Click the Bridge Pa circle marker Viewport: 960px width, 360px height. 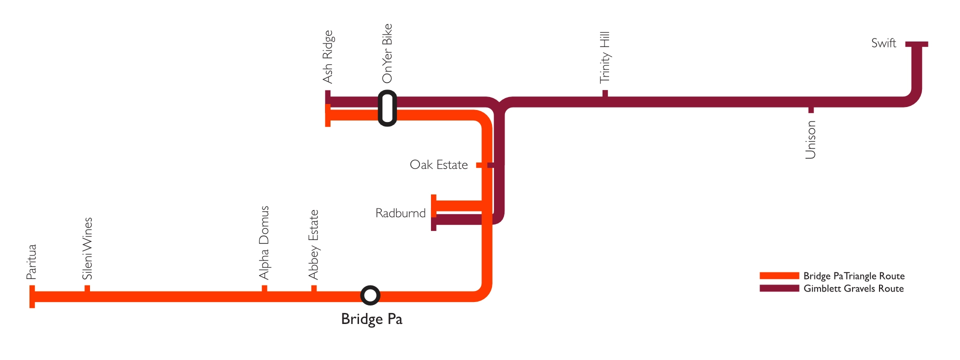click(x=370, y=295)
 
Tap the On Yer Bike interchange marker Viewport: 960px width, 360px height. click(x=387, y=108)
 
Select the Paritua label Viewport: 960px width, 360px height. click(x=31, y=261)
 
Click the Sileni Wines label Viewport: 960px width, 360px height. click(x=87, y=248)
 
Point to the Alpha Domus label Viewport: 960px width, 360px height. click(x=264, y=242)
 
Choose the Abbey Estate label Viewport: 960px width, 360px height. click(x=313, y=244)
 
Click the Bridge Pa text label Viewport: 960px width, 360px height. click(x=371, y=319)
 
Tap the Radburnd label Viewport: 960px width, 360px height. click(x=400, y=213)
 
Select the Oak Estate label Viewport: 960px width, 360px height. click(x=438, y=165)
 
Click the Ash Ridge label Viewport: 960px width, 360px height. click(x=327, y=56)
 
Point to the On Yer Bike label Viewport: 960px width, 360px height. click(x=387, y=53)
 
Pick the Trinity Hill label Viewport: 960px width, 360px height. click(x=605, y=57)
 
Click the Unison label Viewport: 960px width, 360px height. click(x=810, y=140)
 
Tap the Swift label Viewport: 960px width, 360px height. click(x=883, y=43)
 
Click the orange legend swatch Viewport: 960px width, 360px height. click(x=779, y=275)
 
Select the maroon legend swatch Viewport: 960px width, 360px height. click(x=779, y=288)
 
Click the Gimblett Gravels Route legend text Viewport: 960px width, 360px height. click(x=853, y=288)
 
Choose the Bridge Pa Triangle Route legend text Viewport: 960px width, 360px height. click(x=854, y=276)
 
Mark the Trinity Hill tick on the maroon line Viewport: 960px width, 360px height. click(x=605, y=93)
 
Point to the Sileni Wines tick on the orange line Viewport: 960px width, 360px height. click(x=87, y=288)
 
